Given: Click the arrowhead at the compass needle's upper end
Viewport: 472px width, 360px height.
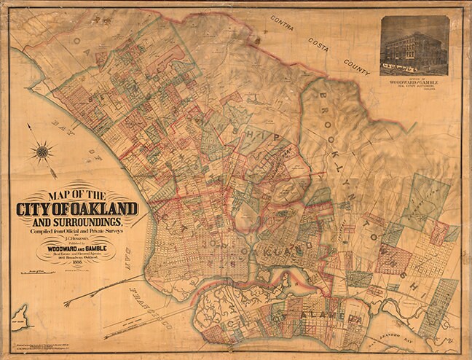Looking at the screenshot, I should coord(28,127).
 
